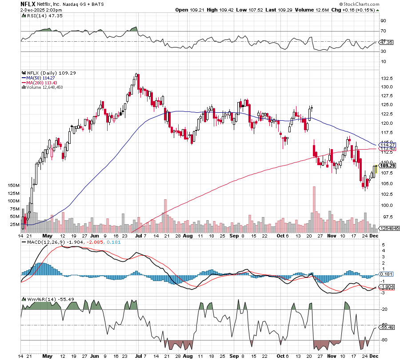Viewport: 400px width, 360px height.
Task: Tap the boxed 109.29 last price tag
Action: pyautogui.click(x=388, y=166)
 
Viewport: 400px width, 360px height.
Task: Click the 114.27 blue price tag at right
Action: pyautogui.click(x=387, y=145)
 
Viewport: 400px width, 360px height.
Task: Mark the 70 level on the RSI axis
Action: pyautogui.click(x=383, y=31)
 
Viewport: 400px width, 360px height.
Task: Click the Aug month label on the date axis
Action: pyautogui.click(x=187, y=236)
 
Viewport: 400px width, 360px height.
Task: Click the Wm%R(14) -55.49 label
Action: pyautogui.click(x=42, y=299)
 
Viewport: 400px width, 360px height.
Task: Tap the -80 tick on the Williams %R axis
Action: pyautogui.click(x=384, y=340)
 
